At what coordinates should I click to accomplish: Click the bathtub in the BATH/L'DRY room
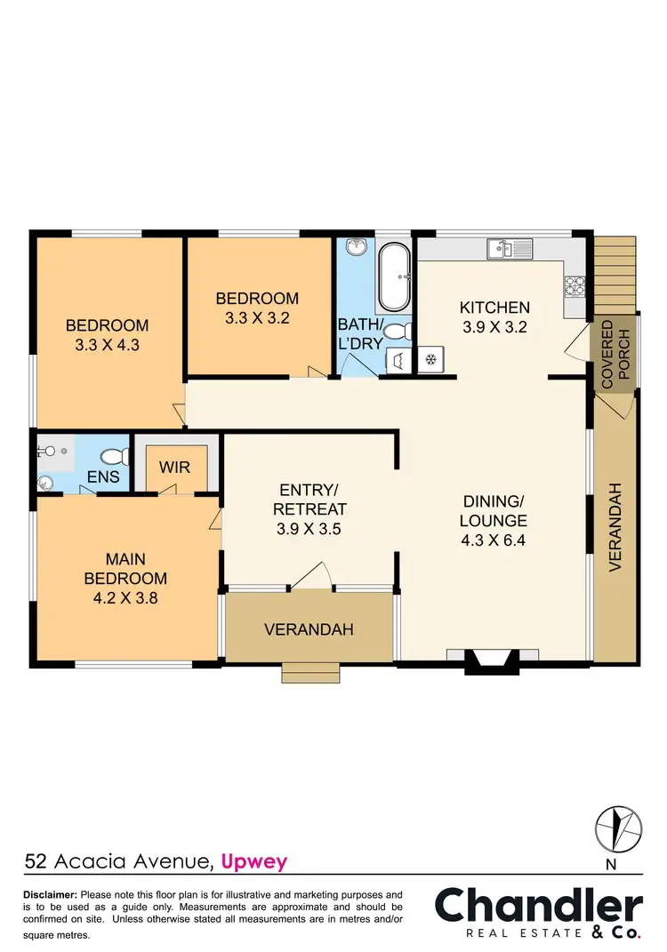point(393,276)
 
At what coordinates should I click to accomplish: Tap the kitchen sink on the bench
point(508,248)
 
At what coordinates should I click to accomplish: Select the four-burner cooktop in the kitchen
point(575,285)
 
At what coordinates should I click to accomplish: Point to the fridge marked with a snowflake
point(430,360)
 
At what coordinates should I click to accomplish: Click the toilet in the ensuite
point(113,458)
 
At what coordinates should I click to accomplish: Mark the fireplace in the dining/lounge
point(492,660)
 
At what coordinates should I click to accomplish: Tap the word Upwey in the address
point(253,860)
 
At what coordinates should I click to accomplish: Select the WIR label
point(175,467)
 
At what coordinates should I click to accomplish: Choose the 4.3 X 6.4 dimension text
point(494,540)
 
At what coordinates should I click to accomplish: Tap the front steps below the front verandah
point(310,673)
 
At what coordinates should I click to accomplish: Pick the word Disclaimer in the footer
point(50,894)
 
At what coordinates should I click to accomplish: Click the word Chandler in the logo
point(538,907)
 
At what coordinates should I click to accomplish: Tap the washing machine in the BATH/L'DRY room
point(397,360)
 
